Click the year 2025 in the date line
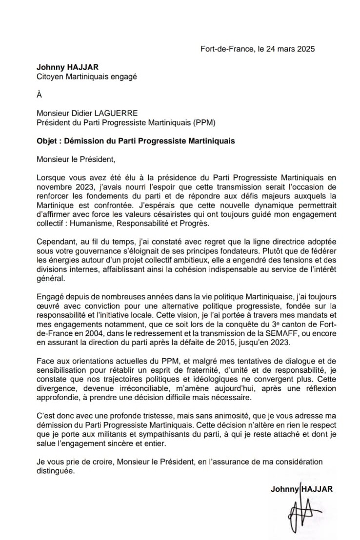tap(306, 49)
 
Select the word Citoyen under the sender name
tap(51, 76)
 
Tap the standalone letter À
tap(40, 95)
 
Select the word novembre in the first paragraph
tap(54, 187)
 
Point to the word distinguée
tap(56, 471)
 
